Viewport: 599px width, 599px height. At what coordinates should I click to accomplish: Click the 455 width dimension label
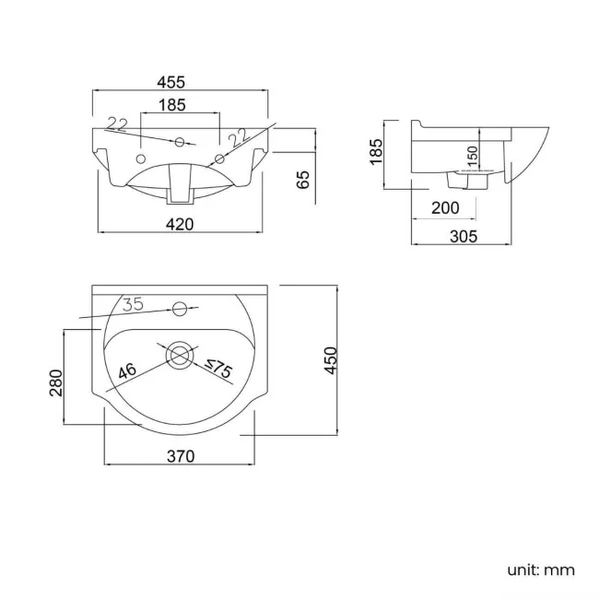[171, 82]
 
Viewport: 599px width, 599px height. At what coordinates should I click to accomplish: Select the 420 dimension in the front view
[180, 224]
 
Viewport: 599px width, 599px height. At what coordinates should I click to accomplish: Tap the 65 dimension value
[303, 180]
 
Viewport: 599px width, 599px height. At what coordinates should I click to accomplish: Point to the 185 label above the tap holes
[172, 105]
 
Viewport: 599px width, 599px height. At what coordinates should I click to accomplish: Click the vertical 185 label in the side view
[376, 152]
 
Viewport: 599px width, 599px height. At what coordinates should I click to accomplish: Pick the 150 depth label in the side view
[473, 156]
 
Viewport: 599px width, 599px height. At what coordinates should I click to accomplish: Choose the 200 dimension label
[445, 208]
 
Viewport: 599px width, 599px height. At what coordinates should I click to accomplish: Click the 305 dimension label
[464, 237]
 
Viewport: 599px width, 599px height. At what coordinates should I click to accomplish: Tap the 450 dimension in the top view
[331, 360]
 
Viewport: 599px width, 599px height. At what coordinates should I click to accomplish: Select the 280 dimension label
[56, 382]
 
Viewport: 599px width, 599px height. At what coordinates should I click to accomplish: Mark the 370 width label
[181, 456]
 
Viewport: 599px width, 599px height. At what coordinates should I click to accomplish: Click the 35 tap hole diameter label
[134, 304]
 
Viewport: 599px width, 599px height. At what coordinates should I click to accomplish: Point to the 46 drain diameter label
[127, 370]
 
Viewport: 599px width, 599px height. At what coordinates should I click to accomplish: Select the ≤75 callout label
[218, 368]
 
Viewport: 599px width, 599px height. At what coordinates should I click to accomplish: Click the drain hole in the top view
[179, 356]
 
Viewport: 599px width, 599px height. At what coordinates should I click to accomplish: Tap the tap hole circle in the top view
[179, 309]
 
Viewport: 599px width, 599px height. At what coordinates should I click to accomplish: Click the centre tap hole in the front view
[180, 143]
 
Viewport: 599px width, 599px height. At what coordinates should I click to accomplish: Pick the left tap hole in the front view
[141, 159]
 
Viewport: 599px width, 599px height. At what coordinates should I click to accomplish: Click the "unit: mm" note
[541, 570]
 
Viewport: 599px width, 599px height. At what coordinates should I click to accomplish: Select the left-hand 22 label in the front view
[117, 124]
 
